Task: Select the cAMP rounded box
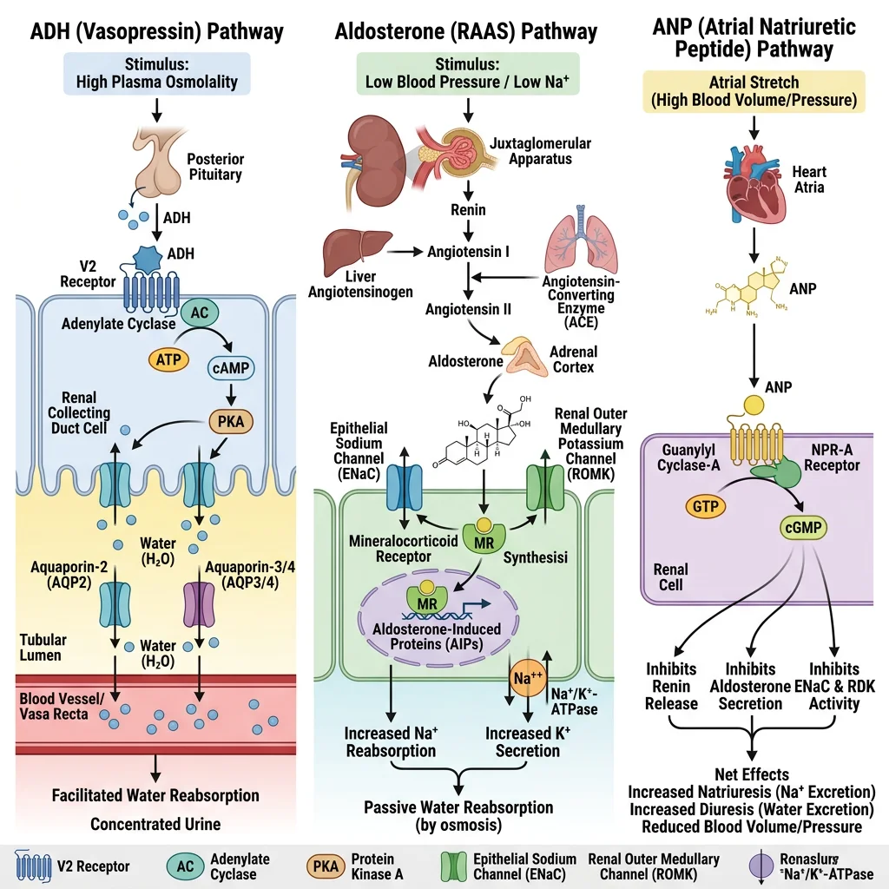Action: [x=230, y=368]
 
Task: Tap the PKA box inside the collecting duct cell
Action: [x=230, y=425]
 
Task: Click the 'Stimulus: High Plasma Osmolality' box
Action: [x=156, y=74]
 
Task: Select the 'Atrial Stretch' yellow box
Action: [x=754, y=92]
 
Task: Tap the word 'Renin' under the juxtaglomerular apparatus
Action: [x=468, y=210]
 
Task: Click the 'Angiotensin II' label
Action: [x=468, y=309]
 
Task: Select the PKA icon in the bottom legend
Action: [x=322, y=866]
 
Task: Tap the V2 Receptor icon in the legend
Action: [x=34, y=866]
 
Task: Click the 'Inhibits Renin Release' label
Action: [x=671, y=686]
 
